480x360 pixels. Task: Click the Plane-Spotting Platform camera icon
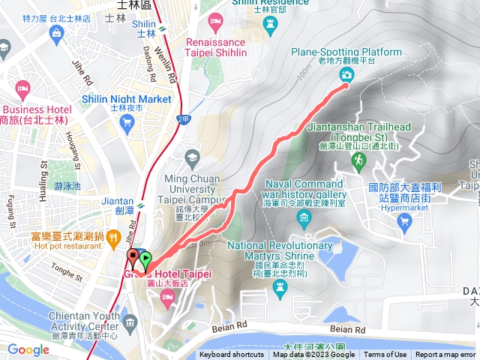(x=346, y=73)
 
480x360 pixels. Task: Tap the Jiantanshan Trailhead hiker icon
(x=359, y=160)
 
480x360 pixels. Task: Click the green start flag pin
(x=145, y=261)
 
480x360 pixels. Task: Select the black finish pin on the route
(x=133, y=259)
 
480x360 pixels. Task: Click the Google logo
(x=28, y=349)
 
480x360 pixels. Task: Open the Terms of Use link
(x=385, y=355)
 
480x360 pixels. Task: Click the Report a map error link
(x=446, y=355)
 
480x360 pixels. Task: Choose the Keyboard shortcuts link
(x=232, y=355)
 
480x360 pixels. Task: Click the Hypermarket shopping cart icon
(x=405, y=220)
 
